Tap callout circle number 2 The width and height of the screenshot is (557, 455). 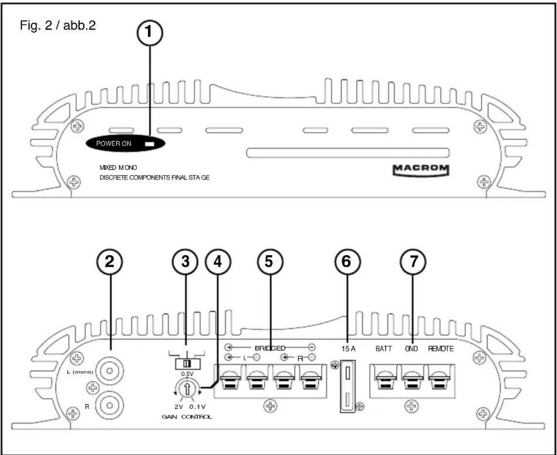pos(109,262)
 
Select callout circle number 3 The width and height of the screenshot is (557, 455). pos(185,262)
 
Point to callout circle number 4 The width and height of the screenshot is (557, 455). pos(218,262)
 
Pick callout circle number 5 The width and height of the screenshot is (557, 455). pos(269,262)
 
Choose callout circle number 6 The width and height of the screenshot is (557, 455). pos(347,262)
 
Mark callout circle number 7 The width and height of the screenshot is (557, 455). pos(413,262)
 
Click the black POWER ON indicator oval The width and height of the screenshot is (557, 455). pos(125,143)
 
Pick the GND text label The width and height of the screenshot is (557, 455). pos(411,349)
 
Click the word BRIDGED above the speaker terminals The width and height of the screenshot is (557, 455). pos(270,348)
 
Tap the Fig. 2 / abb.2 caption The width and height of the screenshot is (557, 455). pos(58,25)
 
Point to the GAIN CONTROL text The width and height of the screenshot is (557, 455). pos(187,417)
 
